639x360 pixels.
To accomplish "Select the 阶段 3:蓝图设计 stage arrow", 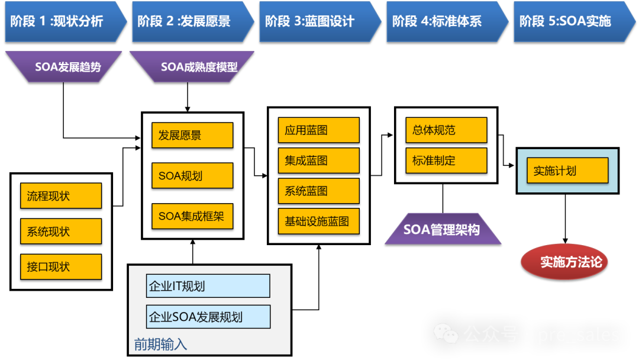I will [x=317, y=21].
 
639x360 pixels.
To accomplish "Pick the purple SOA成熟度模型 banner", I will [x=192, y=66].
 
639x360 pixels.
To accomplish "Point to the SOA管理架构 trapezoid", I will [x=443, y=229].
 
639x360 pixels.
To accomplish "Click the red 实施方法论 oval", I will [x=564, y=261].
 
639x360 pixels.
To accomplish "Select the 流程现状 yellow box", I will [x=60, y=196].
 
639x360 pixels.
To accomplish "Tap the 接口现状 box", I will [x=60, y=267].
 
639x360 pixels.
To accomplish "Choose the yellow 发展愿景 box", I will [x=192, y=135].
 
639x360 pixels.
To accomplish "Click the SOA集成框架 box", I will [x=192, y=216].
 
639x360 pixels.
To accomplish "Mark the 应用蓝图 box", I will [x=318, y=130].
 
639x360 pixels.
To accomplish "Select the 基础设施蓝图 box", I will [x=318, y=221].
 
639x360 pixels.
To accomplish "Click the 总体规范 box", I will [x=446, y=130].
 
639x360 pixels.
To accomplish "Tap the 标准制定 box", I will [x=446, y=160].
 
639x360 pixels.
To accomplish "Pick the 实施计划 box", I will [x=567, y=171].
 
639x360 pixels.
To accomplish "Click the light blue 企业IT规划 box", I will [x=208, y=286].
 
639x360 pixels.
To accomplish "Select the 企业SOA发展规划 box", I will [x=208, y=317].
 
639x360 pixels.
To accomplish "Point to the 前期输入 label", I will [x=160, y=344].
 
